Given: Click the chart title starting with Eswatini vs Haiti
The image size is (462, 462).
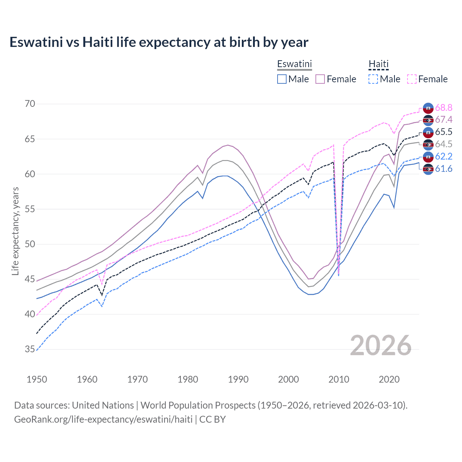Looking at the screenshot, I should (x=159, y=42).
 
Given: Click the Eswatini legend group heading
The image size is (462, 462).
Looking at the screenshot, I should (x=294, y=64).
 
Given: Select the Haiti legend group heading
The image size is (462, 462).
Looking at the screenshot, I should (x=378, y=64).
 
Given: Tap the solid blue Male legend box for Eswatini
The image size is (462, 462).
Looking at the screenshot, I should (x=282, y=79).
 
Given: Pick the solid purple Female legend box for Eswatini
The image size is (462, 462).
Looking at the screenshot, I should (x=320, y=79).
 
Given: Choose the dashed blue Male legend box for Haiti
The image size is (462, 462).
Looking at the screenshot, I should (x=373, y=79).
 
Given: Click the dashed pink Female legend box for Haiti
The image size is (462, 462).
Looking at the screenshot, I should (x=412, y=79).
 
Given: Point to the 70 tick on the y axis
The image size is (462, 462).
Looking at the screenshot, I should (x=30, y=104).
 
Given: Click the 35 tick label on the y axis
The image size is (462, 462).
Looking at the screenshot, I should (x=30, y=349).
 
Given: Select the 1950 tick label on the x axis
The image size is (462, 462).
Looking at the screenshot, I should (x=37, y=379).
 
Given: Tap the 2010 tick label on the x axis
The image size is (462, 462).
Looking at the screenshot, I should (x=339, y=379).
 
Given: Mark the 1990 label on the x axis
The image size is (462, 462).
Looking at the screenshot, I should (x=238, y=379).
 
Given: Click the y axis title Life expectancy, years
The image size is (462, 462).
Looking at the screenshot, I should (x=15, y=231).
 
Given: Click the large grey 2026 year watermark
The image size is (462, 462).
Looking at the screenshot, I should (x=381, y=345).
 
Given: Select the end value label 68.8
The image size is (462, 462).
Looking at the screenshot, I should (x=444, y=108).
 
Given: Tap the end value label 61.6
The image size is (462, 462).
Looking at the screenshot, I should (x=444, y=169).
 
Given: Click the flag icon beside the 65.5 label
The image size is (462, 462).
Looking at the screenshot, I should (x=428, y=132).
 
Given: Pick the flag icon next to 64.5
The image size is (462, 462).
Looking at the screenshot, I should (x=428, y=144).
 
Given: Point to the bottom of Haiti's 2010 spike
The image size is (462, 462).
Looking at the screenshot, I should (x=339, y=276).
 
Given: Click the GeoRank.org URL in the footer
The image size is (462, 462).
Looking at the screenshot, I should (x=103, y=419).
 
